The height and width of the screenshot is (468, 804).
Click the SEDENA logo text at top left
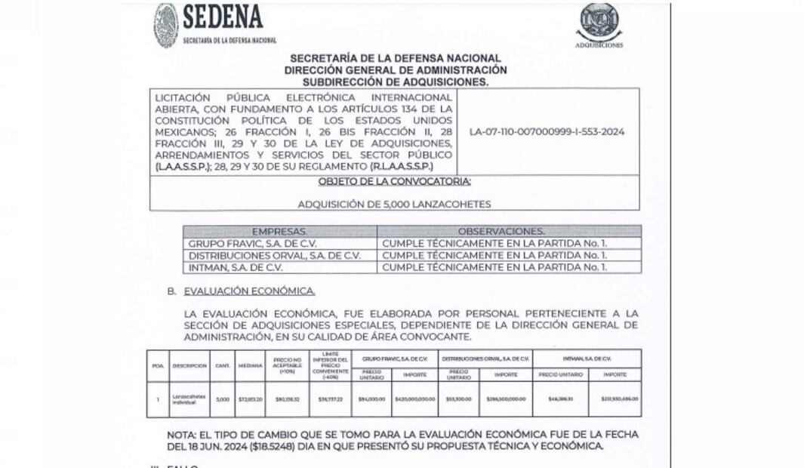click(x=223, y=17)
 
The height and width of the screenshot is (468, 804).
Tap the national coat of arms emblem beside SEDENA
click(x=166, y=25)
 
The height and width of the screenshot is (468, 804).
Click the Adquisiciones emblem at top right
click(x=599, y=22)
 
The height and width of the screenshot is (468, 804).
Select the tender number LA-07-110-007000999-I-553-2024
click(x=547, y=131)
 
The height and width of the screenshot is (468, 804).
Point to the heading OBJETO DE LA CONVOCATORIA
click(x=395, y=182)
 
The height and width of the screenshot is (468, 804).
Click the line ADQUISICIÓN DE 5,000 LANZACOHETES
click(x=394, y=204)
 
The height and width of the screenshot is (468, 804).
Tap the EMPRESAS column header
click(x=279, y=231)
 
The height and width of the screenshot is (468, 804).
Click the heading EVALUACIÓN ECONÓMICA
click(x=250, y=291)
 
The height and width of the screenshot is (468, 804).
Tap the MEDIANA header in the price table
click(x=250, y=366)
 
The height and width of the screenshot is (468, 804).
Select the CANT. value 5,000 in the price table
click(x=222, y=399)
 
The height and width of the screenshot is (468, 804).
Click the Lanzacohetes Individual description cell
click(x=189, y=399)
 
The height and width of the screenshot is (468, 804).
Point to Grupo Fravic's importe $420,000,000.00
click(x=414, y=399)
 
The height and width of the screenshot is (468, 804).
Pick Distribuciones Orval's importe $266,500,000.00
click(x=505, y=399)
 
